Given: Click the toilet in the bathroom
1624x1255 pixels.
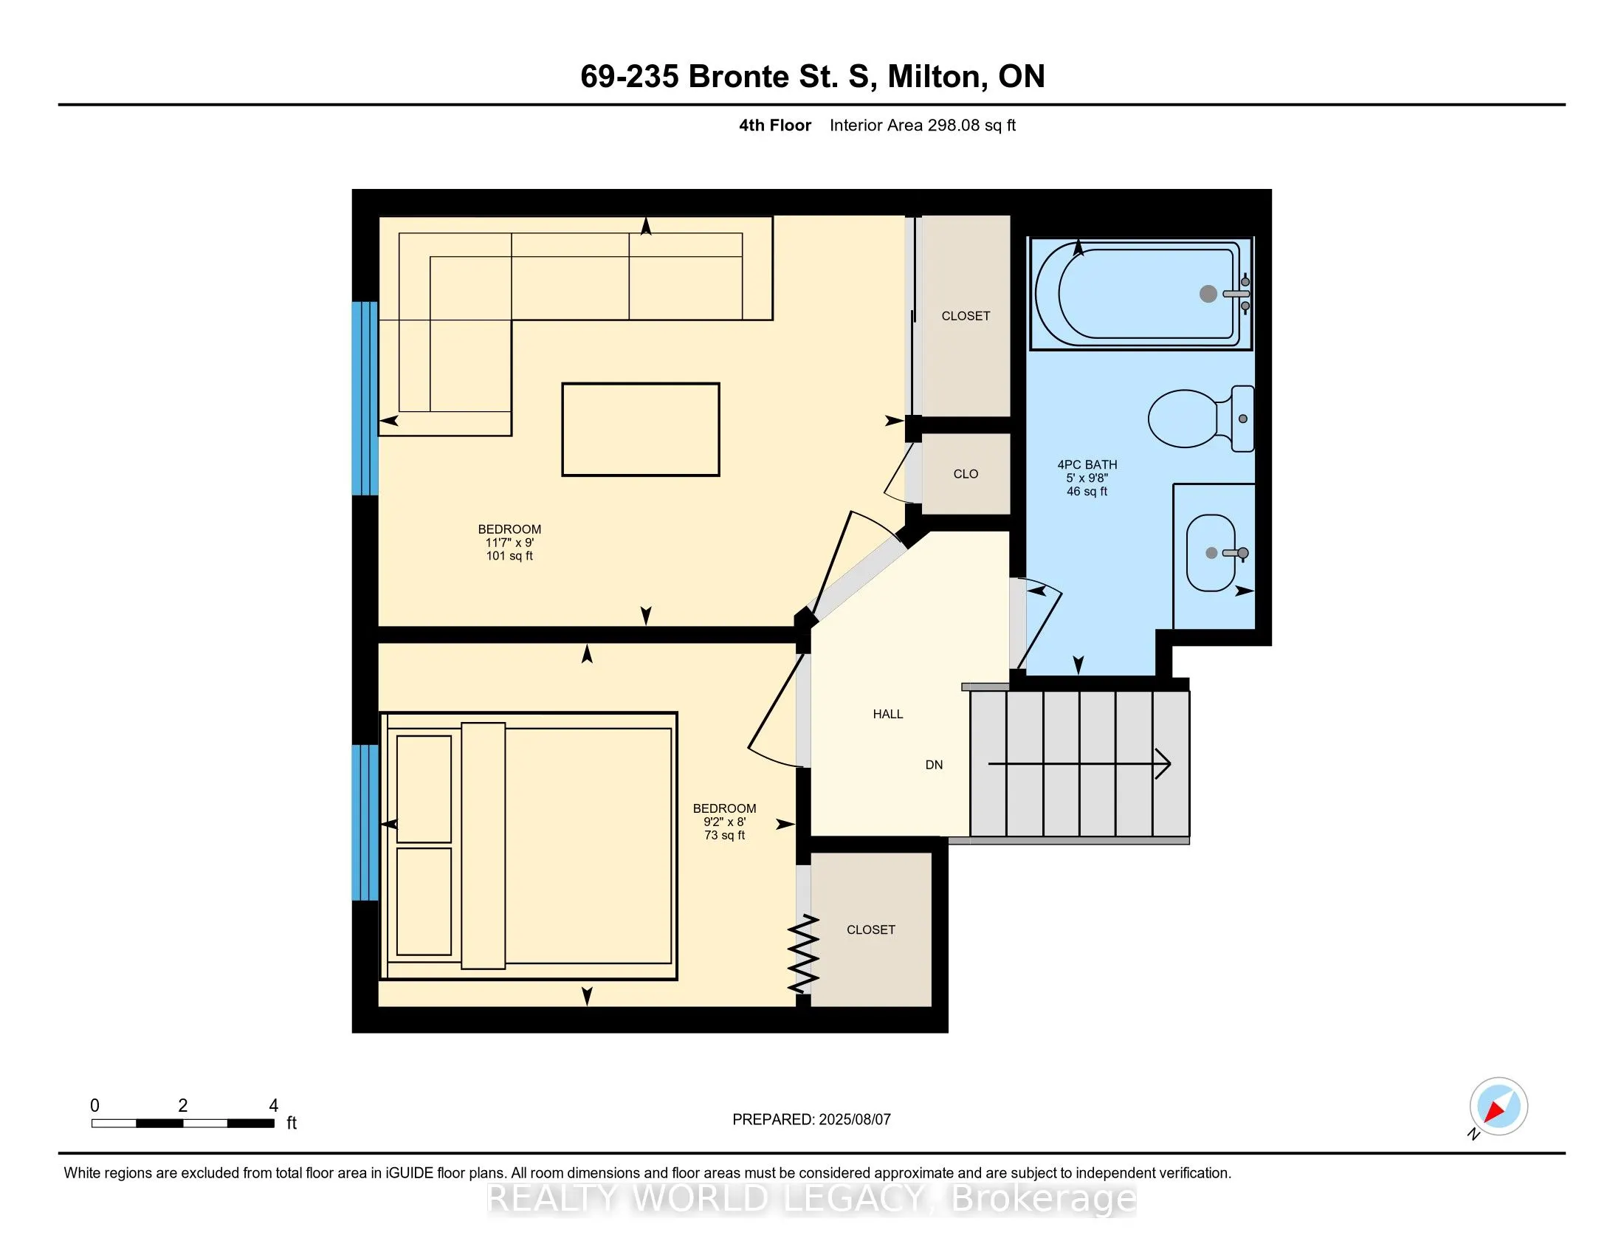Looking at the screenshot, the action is point(1200,419).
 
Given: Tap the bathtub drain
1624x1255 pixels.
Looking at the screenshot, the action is point(1208,294).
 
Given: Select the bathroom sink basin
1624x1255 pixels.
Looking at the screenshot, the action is point(1211,552).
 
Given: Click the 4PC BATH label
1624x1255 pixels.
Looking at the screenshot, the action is point(1087,464).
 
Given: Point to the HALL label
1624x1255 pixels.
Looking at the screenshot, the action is point(888,714).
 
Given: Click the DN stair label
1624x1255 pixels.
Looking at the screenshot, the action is point(934,764).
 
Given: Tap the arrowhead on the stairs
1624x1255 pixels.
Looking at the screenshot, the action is point(1163,763).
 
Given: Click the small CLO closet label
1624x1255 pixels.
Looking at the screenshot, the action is point(966,474).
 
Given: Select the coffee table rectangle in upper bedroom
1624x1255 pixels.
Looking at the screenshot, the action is point(640,429).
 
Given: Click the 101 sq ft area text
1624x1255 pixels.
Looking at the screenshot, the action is point(509,555).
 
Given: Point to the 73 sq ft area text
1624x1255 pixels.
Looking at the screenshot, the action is point(724,835).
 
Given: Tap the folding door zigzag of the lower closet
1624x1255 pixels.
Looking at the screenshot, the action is point(803,955).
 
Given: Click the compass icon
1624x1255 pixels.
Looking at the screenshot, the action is point(1499,1107).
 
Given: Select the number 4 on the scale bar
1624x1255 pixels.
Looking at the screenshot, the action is point(274,1106).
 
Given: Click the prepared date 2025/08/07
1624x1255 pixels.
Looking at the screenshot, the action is point(854,1120).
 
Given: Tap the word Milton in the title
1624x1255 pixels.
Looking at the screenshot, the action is point(937,77).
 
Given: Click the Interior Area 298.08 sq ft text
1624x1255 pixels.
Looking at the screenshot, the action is point(923,125).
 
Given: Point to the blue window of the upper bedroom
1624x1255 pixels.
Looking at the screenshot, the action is point(365,399).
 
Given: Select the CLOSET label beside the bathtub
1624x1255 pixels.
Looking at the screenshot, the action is point(966,316).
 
